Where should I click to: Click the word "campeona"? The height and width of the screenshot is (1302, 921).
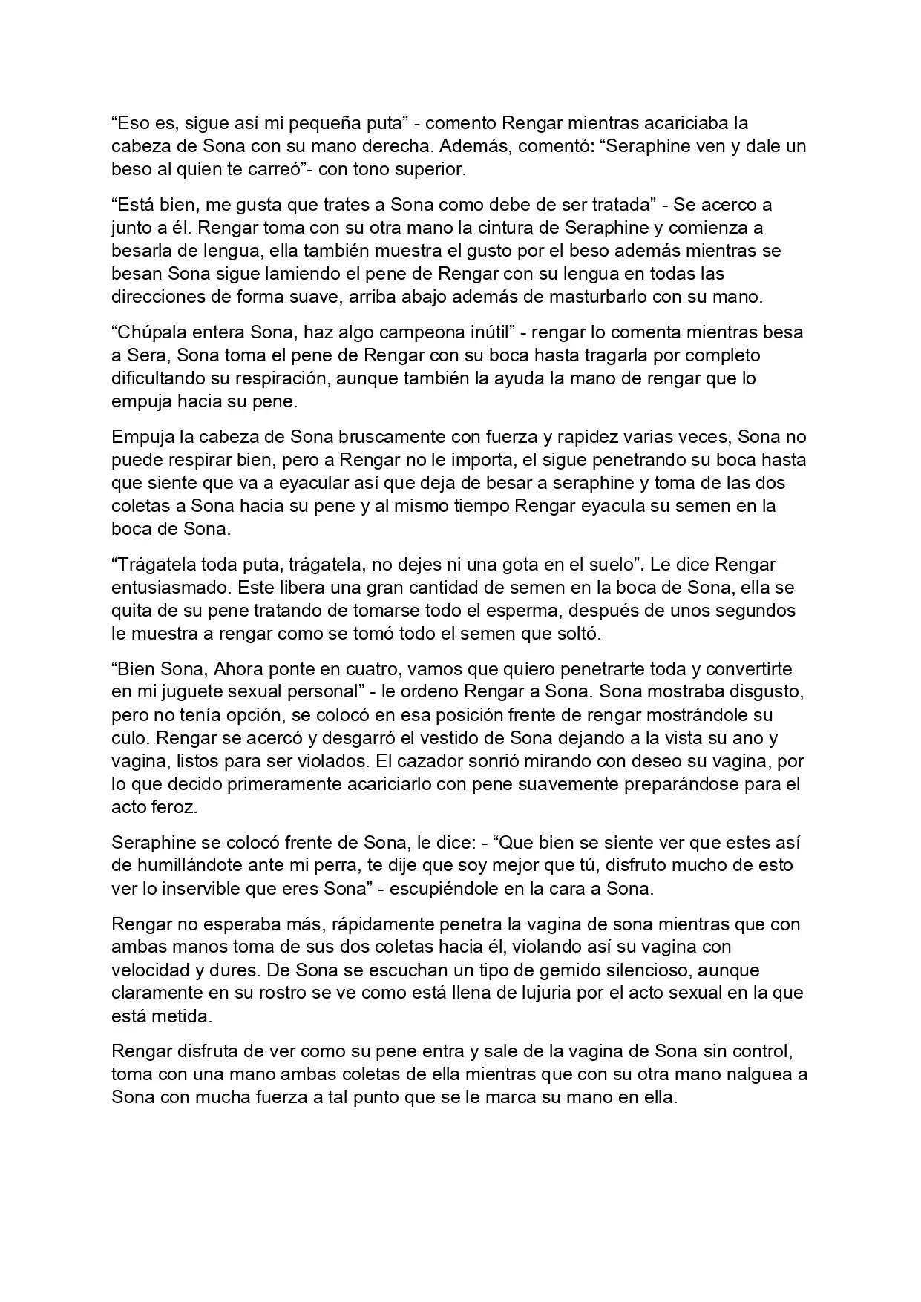[421, 332]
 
